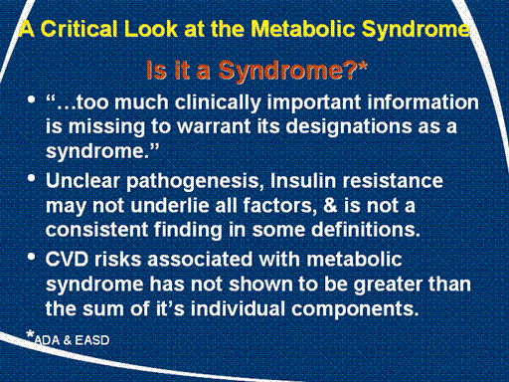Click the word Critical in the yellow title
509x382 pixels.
[79, 29]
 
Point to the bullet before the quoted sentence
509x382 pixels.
[32, 99]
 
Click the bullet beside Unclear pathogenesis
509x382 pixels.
[32, 178]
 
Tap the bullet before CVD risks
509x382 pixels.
[32, 257]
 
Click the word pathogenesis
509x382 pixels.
[195, 182]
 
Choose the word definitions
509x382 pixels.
[366, 230]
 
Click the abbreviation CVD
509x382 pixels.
[68, 259]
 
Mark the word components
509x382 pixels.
[355, 309]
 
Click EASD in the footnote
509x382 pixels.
[92, 340]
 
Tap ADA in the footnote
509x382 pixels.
[47, 340]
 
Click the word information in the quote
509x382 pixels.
[423, 102]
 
